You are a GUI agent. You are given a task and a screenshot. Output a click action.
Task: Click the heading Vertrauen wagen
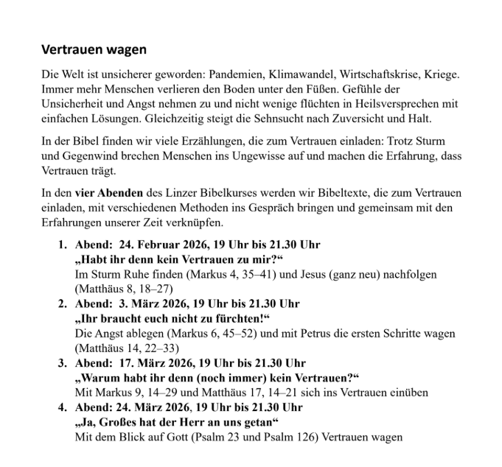pos(94,50)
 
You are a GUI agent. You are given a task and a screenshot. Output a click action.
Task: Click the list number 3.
pos(63,363)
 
